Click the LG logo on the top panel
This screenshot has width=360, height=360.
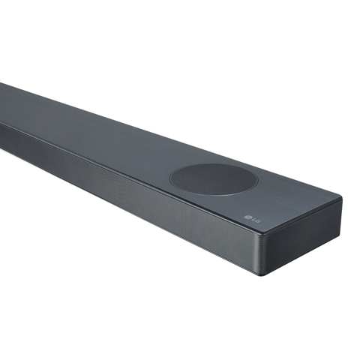click(252, 219)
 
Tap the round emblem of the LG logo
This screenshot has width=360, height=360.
click(248, 217)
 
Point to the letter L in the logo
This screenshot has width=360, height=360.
click(253, 220)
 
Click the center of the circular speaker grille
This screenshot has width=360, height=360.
click(213, 179)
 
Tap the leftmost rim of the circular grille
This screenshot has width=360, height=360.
click(170, 178)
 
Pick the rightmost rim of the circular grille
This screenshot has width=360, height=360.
click(256, 179)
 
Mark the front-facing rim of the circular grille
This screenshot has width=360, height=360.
click(215, 195)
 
